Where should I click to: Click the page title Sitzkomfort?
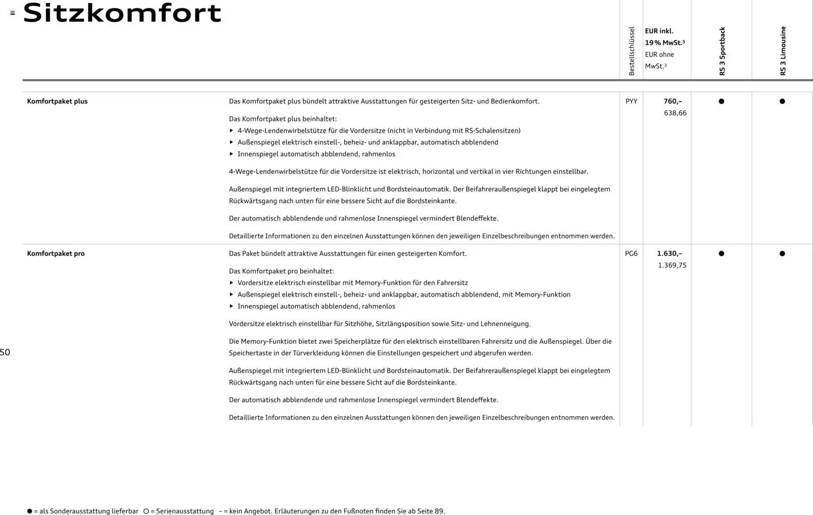tap(122, 13)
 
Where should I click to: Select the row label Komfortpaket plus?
tap(57, 101)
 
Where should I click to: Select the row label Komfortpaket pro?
tap(56, 254)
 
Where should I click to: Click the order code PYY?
tap(632, 101)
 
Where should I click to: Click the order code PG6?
tap(632, 254)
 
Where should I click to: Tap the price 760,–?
tap(672, 101)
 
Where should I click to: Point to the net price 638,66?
tap(675, 113)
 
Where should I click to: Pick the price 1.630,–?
tap(669, 254)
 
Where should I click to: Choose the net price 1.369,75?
tap(672, 265)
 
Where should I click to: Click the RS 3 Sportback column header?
tap(722, 51)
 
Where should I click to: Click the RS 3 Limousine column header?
tap(783, 51)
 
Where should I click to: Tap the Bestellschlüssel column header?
tap(632, 51)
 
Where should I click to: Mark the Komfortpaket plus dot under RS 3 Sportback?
tap(721, 101)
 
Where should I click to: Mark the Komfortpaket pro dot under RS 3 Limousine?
tap(782, 254)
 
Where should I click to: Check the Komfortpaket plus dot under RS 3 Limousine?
tap(782, 101)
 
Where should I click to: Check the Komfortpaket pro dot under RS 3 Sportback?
tap(721, 254)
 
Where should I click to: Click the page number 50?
tap(5, 352)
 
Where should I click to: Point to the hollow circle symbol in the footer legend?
tap(146, 511)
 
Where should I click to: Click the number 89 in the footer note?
tap(439, 511)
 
